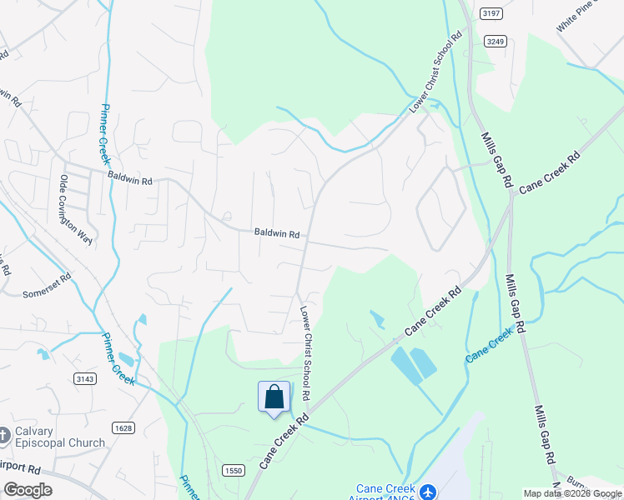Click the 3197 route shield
(x=491, y=13)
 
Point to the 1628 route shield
(x=123, y=428)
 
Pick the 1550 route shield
(x=234, y=471)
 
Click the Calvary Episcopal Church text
(x=63, y=437)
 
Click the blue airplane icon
(x=428, y=492)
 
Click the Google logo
(x=28, y=490)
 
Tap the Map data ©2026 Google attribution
(x=571, y=493)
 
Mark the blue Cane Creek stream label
(x=489, y=345)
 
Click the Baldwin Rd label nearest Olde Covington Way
(x=129, y=179)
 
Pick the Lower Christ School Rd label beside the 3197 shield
(x=435, y=75)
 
